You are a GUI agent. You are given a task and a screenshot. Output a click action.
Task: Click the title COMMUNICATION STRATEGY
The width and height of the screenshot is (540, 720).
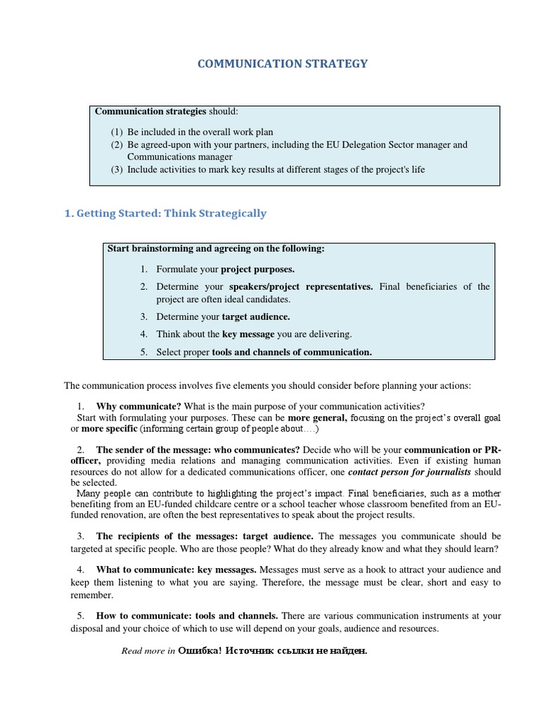pos(283,64)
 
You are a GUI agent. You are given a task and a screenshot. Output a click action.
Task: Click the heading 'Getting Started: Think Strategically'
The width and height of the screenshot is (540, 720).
pos(165,213)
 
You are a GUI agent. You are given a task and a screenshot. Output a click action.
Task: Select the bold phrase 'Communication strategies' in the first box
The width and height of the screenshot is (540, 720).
pos(150,111)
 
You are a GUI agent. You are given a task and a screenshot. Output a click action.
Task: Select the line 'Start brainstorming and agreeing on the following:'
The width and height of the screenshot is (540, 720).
pos(215,248)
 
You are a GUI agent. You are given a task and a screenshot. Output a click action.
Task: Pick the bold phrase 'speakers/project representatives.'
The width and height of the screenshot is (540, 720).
pos(301,286)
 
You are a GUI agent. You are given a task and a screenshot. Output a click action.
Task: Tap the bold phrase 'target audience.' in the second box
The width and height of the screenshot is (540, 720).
pos(256,316)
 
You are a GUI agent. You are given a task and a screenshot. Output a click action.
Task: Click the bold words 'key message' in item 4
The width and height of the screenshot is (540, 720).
pos(249,334)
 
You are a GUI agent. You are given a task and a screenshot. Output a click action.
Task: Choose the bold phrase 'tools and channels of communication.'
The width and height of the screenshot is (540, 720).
pos(292,352)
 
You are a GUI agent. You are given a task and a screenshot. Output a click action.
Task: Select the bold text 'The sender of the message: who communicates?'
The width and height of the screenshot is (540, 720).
pos(198,449)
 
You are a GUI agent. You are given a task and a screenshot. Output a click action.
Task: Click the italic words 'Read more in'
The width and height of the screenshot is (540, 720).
pos(148,650)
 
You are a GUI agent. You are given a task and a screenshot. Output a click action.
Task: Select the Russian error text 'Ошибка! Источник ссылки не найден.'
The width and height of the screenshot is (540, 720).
pos(273,650)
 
